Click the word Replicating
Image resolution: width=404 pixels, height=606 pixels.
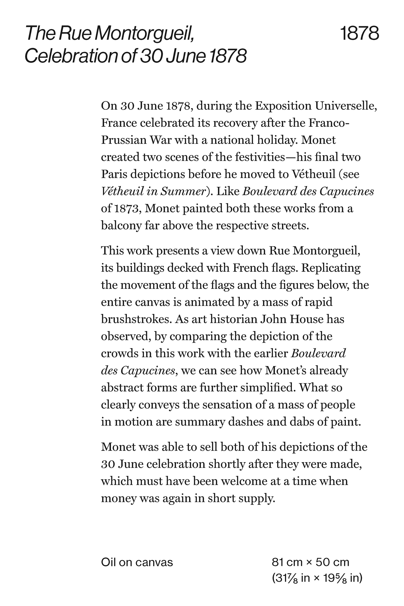coord(331,268)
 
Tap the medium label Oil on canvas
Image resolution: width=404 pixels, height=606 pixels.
coord(137,569)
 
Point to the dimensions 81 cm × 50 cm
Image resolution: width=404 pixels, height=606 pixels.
coord(310,569)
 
